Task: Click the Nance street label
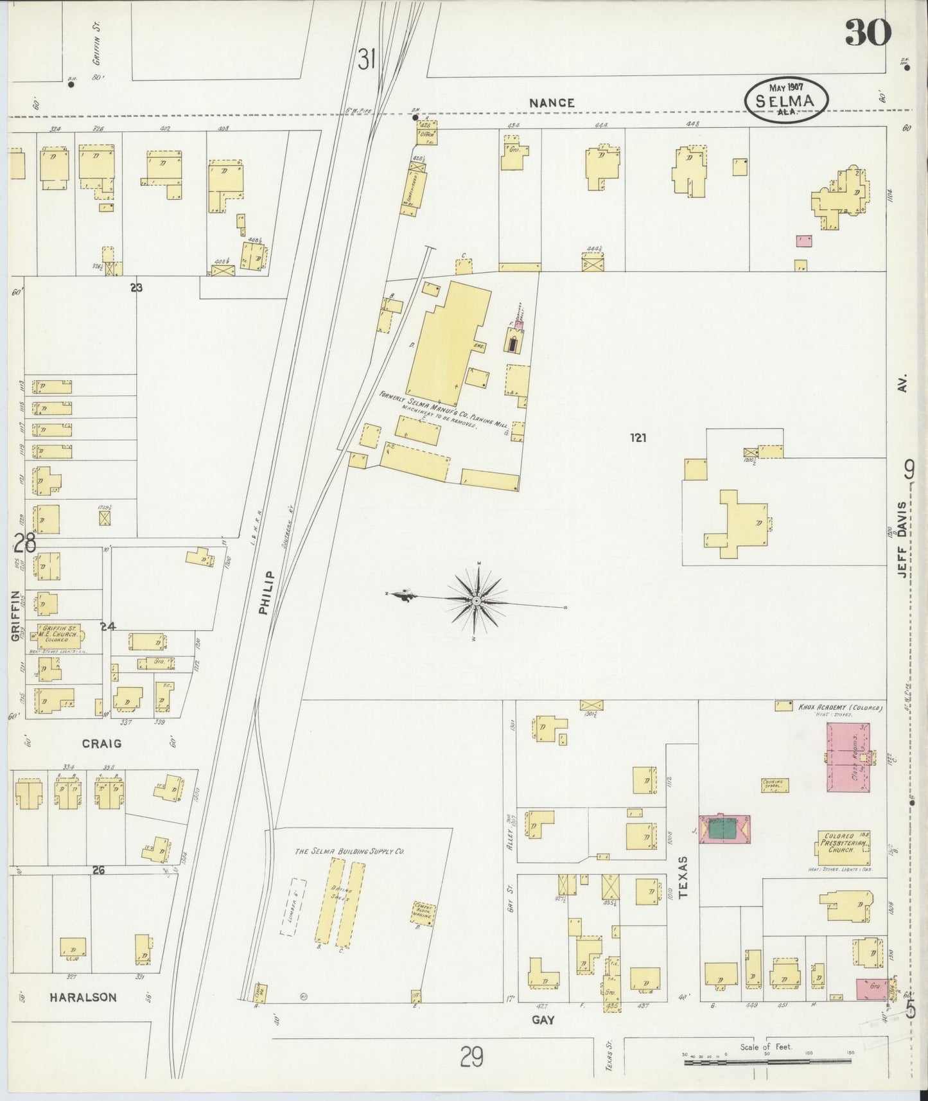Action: (552, 103)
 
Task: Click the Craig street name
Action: (101, 743)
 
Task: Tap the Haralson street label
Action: (84, 998)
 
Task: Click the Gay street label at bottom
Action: (543, 1019)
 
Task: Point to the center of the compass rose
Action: (477, 601)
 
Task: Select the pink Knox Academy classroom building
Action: (848, 757)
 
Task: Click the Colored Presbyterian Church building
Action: (843, 847)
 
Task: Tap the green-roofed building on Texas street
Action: (723, 830)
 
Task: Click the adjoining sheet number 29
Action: (471, 1057)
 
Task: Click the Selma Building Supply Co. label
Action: (349, 851)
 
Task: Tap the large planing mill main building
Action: (450, 340)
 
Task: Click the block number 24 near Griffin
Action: (107, 626)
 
